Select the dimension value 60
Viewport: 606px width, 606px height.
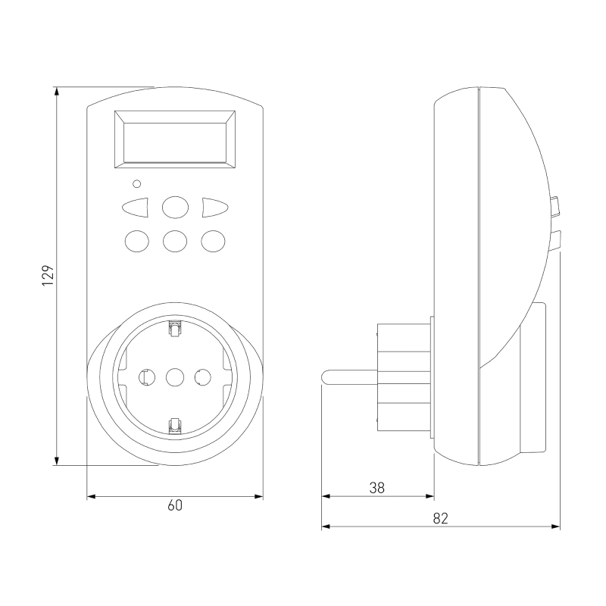coord(175,506)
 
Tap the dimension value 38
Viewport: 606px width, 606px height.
coord(376,489)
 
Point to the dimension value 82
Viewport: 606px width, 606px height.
coord(440,518)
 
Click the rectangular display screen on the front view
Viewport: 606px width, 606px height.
coord(175,139)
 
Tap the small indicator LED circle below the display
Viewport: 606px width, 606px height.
coord(136,183)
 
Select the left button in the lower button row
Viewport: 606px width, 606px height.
coord(136,241)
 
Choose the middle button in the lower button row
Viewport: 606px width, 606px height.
coord(175,241)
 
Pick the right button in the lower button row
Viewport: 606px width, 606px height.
coord(213,241)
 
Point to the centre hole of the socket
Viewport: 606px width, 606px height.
coord(175,376)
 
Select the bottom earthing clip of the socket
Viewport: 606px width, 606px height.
coord(175,424)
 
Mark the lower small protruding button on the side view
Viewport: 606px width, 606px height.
coord(557,239)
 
